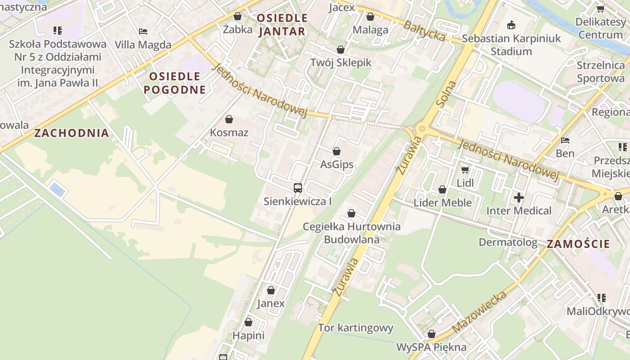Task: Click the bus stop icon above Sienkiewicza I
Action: [x=297, y=188]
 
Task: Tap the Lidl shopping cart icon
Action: [x=465, y=170]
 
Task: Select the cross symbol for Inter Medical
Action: [x=519, y=197]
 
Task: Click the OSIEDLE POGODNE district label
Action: [x=175, y=83]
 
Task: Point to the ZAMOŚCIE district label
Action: [x=578, y=244]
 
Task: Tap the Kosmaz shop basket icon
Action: [x=229, y=119]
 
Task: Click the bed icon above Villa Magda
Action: [x=143, y=31]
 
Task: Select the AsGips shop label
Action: [x=337, y=165]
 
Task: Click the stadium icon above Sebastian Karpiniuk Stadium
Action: [x=511, y=25]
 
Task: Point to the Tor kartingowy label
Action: [x=355, y=328]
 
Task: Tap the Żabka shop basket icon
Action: [x=238, y=17]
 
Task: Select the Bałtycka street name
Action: [x=424, y=31]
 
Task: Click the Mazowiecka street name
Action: [x=480, y=312]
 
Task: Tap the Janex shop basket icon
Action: [x=271, y=290]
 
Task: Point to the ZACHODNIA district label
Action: [x=72, y=133]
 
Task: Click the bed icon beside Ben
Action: [x=565, y=140]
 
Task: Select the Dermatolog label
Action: [x=508, y=243]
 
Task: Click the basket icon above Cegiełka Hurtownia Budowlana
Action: [x=351, y=213]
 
